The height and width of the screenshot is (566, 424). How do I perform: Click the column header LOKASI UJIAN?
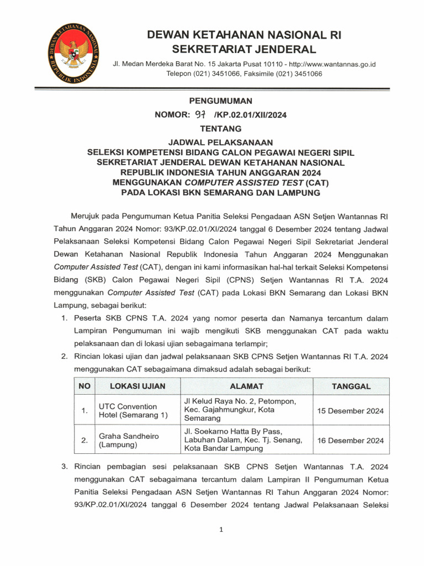[137, 386]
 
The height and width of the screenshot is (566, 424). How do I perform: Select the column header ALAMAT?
[247, 386]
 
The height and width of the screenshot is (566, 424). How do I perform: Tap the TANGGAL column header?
[351, 386]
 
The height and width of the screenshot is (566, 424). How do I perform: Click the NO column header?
[84, 386]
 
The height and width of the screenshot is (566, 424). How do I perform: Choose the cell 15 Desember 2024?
[351, 411]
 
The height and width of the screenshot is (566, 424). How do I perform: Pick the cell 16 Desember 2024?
[351, 441]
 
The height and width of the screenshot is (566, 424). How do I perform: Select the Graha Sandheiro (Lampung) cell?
[129, 441]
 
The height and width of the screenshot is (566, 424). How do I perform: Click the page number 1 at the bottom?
[221, 530]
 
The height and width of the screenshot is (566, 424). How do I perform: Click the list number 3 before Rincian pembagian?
[64, 467]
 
